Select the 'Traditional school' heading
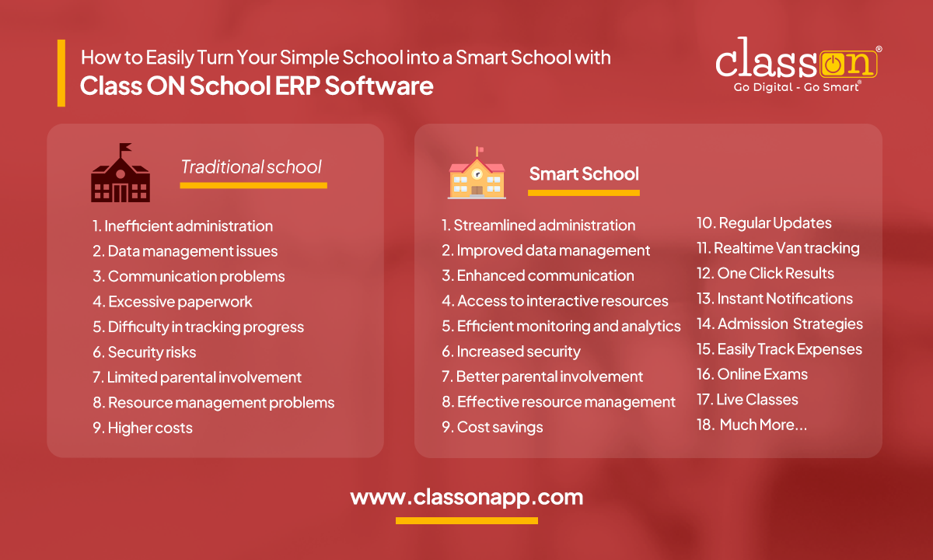coord(251,167)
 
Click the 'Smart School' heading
coord(584,173)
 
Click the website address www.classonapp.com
coord(466,497)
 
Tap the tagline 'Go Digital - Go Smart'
coord(796,87)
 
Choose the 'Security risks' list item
coord(145,352)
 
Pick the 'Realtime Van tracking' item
coord(777,248)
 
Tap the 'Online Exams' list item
coord(752,374)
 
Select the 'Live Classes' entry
coord(747,400)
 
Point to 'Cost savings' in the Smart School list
coord(492,427)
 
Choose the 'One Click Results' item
coord(765,273)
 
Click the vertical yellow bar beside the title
coord(61,73)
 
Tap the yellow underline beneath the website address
coord(466,520)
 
